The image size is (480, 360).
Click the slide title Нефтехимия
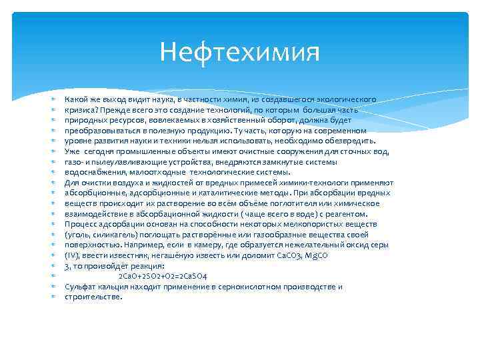[240, 52]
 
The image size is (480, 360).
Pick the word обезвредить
[351, 141]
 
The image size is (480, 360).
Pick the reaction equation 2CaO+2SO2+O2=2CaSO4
[163, 276]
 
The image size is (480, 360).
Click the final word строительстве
[93, 297]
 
